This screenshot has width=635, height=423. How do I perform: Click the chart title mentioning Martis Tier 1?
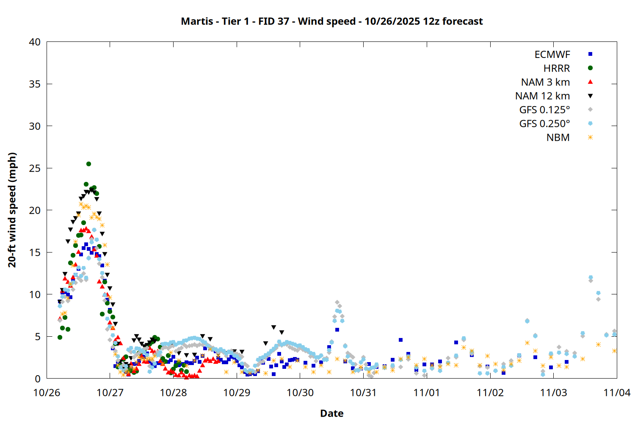point(331,21)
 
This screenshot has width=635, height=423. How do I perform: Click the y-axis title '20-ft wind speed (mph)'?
point(12,210)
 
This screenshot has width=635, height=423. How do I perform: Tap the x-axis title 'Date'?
point(331,413)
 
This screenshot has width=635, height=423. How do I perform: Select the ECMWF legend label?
point(552,55)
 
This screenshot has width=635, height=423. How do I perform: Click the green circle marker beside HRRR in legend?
point(590,68)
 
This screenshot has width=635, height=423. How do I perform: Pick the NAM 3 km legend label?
point(545,82)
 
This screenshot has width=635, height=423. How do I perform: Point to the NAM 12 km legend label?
point(542,96)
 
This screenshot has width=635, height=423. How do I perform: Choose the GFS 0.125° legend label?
point(544,110)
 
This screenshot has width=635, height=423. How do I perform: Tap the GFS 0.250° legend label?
point(544,124)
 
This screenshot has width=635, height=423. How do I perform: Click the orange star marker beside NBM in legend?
point(590,137)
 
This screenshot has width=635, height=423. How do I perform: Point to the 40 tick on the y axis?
point(35,42)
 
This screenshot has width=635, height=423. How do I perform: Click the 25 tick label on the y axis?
point(35,168)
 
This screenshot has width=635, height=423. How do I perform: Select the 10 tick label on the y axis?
point(35,294)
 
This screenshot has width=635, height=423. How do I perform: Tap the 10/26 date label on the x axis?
point(47,393)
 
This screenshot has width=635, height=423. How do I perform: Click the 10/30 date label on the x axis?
point(300,393)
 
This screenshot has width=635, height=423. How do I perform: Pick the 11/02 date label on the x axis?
point(490,393)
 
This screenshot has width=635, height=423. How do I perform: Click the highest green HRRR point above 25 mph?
point(88,164)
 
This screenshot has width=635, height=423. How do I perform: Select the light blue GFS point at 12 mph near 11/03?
point(591,277)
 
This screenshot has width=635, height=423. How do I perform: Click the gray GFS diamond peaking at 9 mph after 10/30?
point(337,302)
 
